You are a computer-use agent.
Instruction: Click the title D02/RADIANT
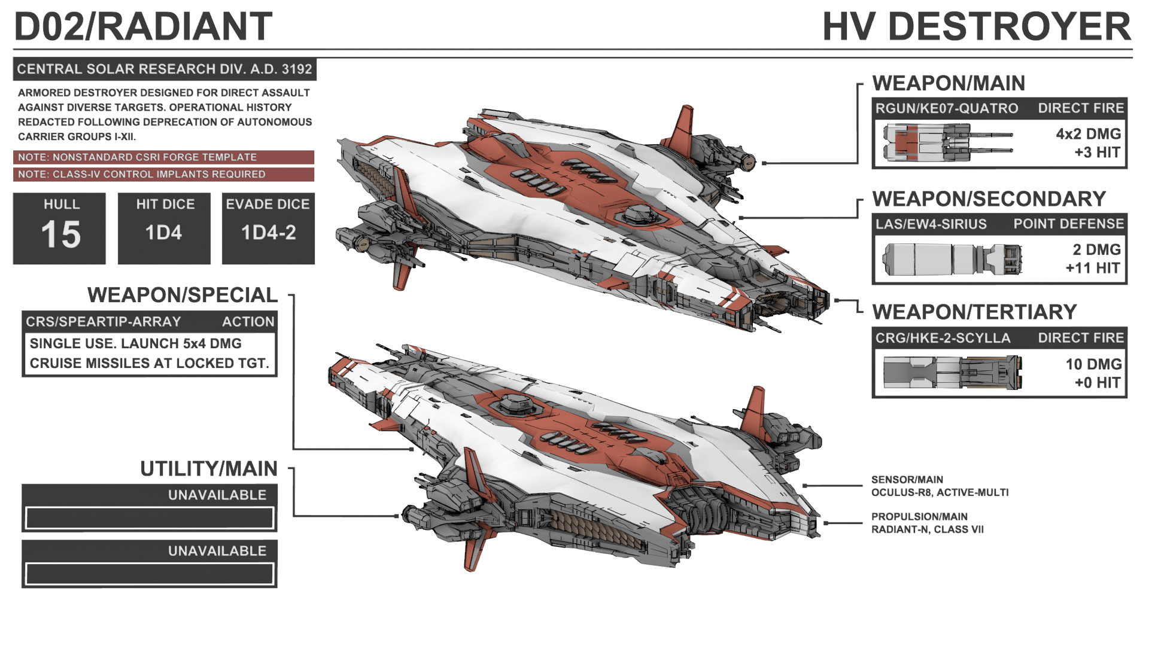(x=143, y=26)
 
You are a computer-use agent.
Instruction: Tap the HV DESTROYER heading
(x=976, y=27)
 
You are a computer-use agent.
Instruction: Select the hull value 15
(x=60, y=234)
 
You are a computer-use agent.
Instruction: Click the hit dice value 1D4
(x=163, y=233)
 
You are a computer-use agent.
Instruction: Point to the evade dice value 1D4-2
(x=268, y=233)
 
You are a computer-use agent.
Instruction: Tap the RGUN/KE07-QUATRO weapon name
(x=947, y=108)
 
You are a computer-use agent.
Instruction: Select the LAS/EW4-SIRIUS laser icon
(x=952, y=259)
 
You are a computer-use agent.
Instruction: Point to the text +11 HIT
(x=1092, y=268)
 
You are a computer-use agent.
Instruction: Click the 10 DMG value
(x=1093, y=364)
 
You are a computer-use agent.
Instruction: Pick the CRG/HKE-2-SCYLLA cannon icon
(x=952, y=372)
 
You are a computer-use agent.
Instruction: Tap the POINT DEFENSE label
(x=1068, y=224)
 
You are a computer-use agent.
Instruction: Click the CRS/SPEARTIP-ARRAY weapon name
(x=103, y=322)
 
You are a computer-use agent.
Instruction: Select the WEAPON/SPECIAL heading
(x=183, y=295)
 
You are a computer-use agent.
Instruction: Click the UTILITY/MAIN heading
(x=208, y=469)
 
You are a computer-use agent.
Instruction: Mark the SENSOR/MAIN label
(x=907, y=480)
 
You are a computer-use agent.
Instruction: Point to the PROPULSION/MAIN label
(x=919, y=517)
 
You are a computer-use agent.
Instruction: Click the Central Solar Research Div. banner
(x=165, y=69)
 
